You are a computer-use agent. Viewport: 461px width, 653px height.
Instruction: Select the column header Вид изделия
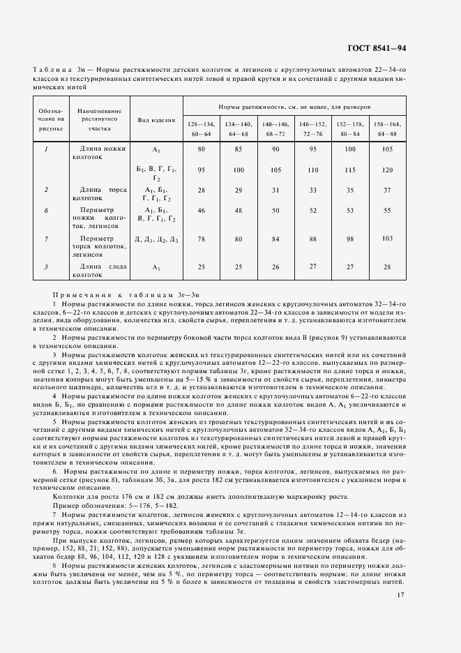coord(156,119)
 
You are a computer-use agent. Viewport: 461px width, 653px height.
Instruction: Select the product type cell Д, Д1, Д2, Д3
coord(156,240)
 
